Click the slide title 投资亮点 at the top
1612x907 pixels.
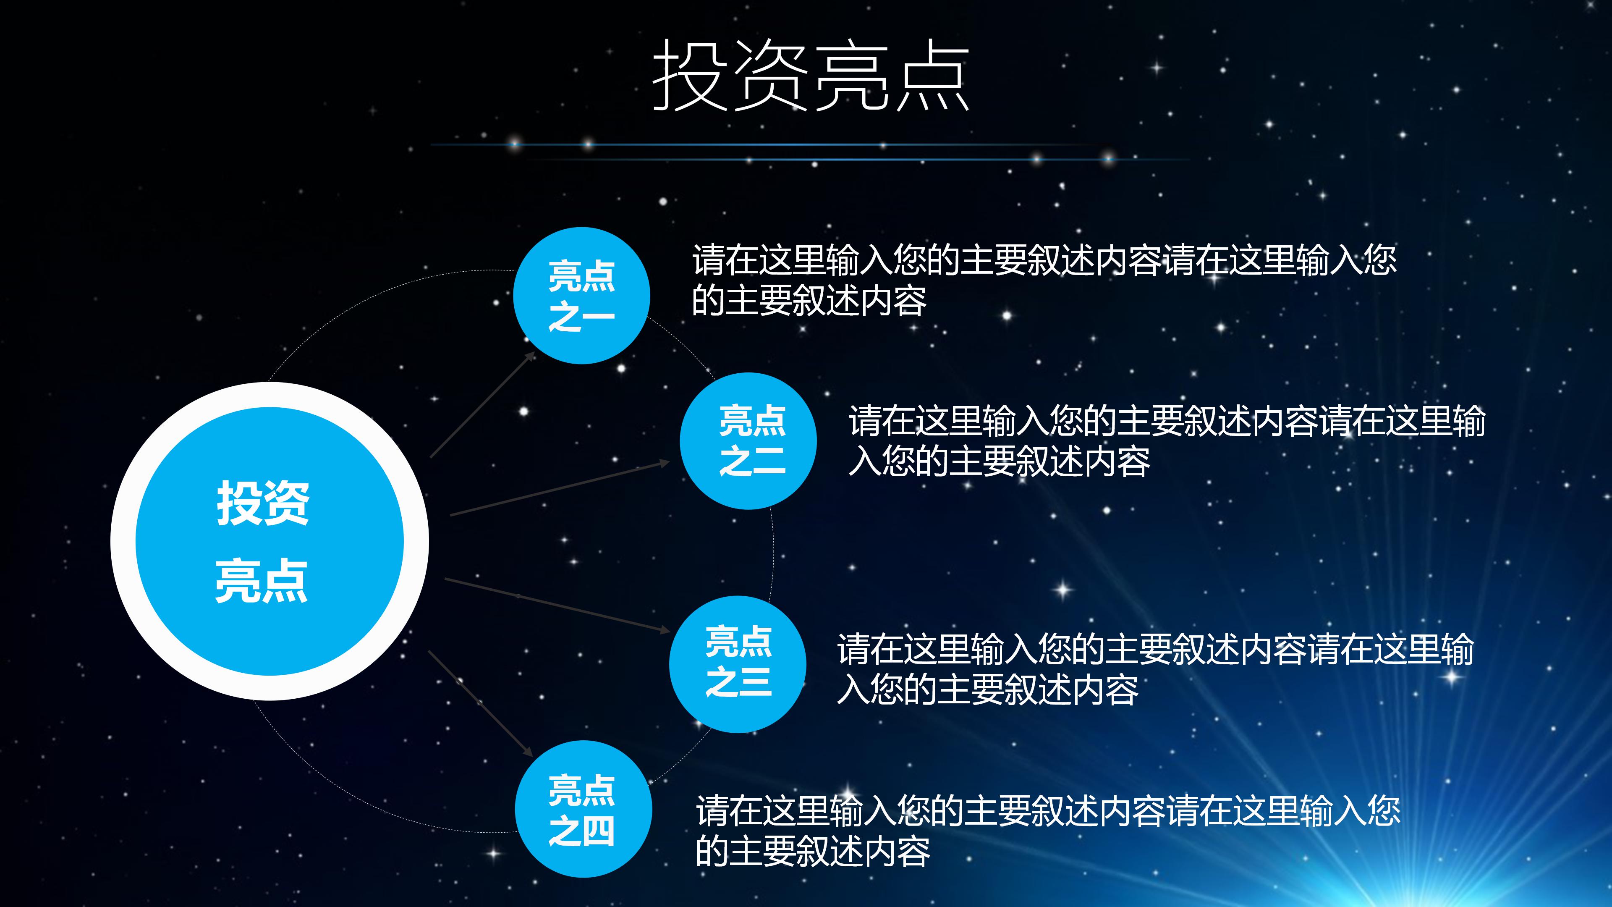pyautogui.click(x=810, y=75)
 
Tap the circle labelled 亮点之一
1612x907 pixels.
pyautogui.click(x=581, y=296)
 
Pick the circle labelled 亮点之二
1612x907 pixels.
pyautogui.click(x=748, y=440)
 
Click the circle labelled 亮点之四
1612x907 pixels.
pyautogui.click(x=583, y=809)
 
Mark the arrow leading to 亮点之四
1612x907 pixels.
pyautogui.click(x=480, y=703)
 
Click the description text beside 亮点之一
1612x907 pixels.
pyautogui.click(x=1044, y=280)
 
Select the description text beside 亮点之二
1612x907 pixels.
pyautogui.click(x=1167, y=440)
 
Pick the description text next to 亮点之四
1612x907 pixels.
pyautogui.click(x=1047, y=831)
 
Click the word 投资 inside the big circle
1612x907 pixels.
pyautogui.click(x=263, y=503)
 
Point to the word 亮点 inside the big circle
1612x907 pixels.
pyautogui.click(x=261, y=580)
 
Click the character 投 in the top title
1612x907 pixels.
pyautogui.click(x=690, y=75)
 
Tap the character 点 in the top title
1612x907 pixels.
pyautogui.click(x=932, y=75)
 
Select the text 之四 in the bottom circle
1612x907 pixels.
pyautogui.click(x=581, y=831)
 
